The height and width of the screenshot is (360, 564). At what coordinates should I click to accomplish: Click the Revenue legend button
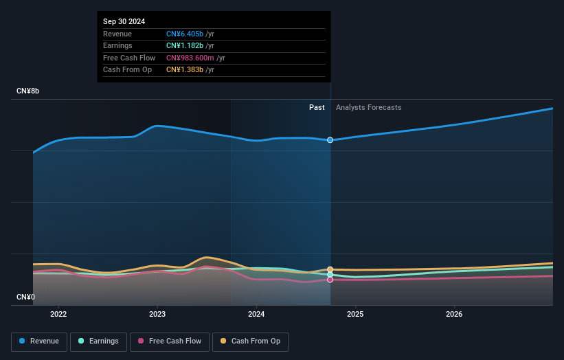pos(40,341)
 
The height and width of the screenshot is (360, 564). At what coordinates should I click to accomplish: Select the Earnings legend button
pos(98,341)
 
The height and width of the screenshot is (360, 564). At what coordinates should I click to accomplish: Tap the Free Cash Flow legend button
pos(170,341)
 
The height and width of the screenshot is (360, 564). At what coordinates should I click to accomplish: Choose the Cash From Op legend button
pos(251,341)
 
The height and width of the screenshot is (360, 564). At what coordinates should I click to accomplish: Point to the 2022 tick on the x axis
pos(58,315)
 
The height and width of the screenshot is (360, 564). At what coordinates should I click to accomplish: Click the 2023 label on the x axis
pos(157,315)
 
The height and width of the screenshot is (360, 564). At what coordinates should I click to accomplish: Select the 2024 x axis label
pos(256,315)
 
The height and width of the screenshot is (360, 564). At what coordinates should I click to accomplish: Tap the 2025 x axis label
pos(355,315)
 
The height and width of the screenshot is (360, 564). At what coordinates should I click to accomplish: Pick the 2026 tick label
pos(454,315)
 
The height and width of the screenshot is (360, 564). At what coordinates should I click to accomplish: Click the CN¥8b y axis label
pos(28,91)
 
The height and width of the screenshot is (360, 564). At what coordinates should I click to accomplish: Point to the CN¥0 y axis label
pos(26,297)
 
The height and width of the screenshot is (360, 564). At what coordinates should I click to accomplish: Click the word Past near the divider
pos(317,107)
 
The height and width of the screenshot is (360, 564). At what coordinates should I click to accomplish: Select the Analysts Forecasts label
pos(368,107)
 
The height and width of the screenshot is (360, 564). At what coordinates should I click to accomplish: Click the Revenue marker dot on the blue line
pos(330,140)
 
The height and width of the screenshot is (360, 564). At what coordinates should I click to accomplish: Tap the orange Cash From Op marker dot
pos(330,269)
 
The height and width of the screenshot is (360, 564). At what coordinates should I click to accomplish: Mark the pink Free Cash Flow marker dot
pos(330,280)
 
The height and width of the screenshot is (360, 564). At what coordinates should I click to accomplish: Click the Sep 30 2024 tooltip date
pos(124,22)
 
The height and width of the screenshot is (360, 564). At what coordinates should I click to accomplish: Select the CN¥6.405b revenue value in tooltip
pos(185,34)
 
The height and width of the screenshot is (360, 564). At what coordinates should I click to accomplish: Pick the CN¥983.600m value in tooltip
pos(190,58)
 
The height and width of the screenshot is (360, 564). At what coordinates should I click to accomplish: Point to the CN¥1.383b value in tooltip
pos(185,70)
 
